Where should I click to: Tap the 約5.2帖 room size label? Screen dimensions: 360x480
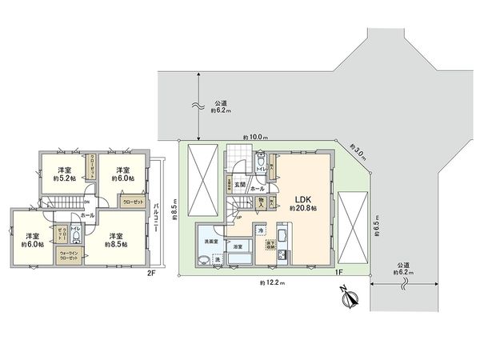pyautogui.click(x=66, y=174)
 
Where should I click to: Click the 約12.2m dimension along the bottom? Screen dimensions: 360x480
pyautogui.click(x=272, y=283)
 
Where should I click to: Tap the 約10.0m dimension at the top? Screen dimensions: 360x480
pyautogui.click(x=255, y=138)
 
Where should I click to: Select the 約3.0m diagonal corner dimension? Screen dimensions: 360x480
pyautogui.click(x=358, y=149)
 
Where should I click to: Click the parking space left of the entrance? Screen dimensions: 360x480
pyautogui.click(x=206, y=182)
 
